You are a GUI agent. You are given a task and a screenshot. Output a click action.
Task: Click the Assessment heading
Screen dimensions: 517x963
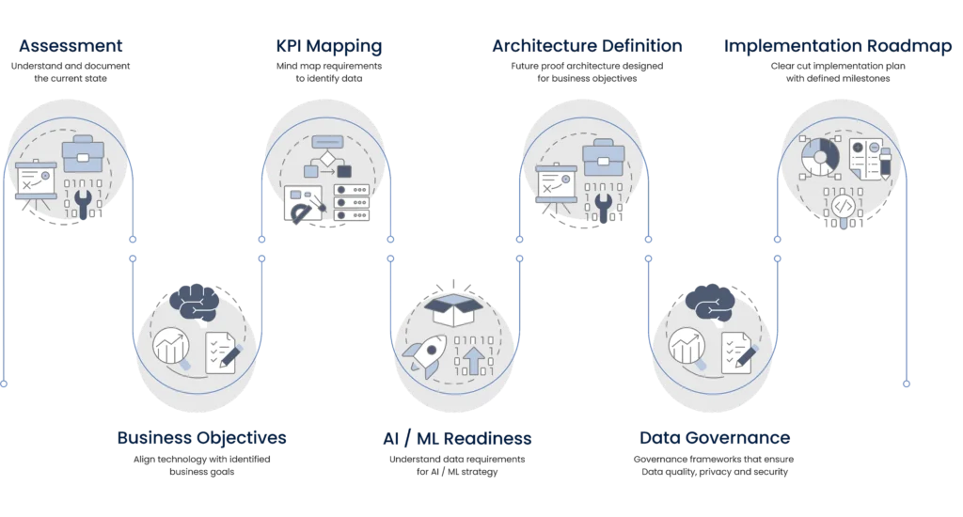[72, 45]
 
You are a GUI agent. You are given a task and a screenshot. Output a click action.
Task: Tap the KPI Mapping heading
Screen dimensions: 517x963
[328, 45]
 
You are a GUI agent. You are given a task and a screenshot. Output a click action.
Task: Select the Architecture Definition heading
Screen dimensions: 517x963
[587, 45]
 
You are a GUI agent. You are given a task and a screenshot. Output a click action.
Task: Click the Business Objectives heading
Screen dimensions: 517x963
[201, 438]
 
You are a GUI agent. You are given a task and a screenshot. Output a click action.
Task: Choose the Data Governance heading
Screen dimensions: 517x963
[715, 438]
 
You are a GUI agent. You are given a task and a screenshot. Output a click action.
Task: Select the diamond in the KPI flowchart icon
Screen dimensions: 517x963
[326, 161]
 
